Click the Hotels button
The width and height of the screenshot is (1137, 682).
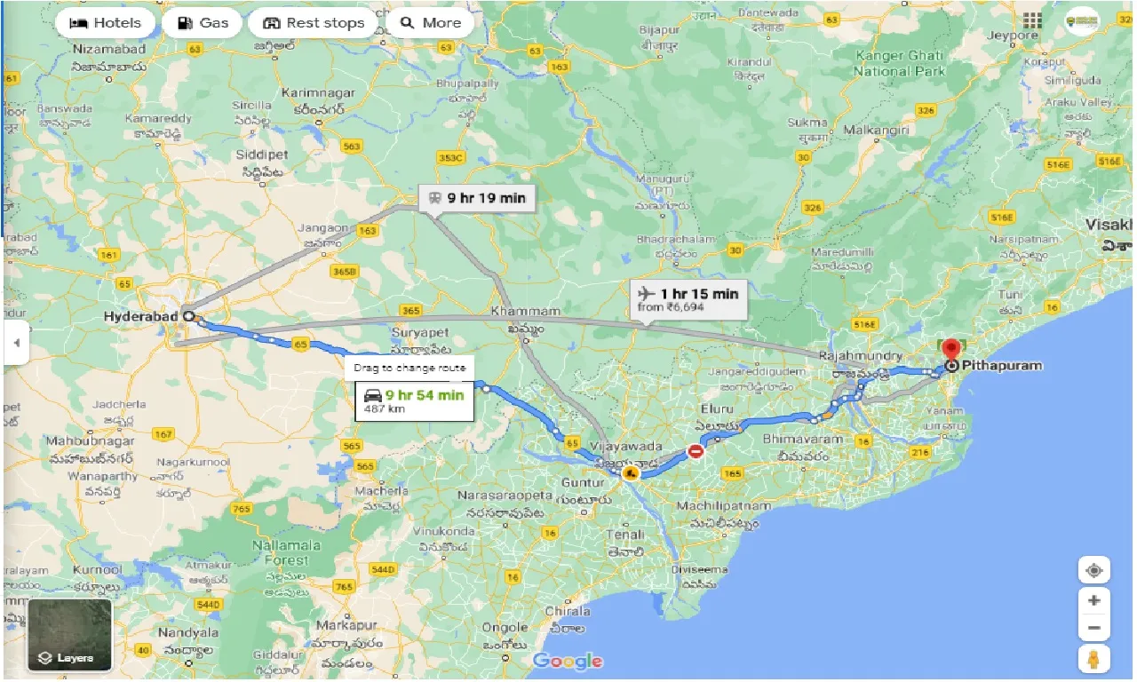point(105,23)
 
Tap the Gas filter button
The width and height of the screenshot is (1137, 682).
point(202,23)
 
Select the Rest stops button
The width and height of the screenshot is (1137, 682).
point(314,23)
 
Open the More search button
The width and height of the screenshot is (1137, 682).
point(431,23)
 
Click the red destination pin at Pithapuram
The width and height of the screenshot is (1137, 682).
point(951,349)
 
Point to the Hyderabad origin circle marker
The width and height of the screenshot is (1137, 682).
point(188,315)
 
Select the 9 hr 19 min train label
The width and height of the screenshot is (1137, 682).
point(477,198)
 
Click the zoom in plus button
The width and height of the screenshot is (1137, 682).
point(1093,600)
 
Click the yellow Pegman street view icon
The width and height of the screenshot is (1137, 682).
point(1093,659)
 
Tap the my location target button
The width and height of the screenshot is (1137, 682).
point(1093,569)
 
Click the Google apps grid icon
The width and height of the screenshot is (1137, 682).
point(1032,21)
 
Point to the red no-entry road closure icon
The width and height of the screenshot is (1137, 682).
point(696,452)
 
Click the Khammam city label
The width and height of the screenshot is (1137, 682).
point(525,312)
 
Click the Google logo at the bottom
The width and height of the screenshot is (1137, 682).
point(568,661)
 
